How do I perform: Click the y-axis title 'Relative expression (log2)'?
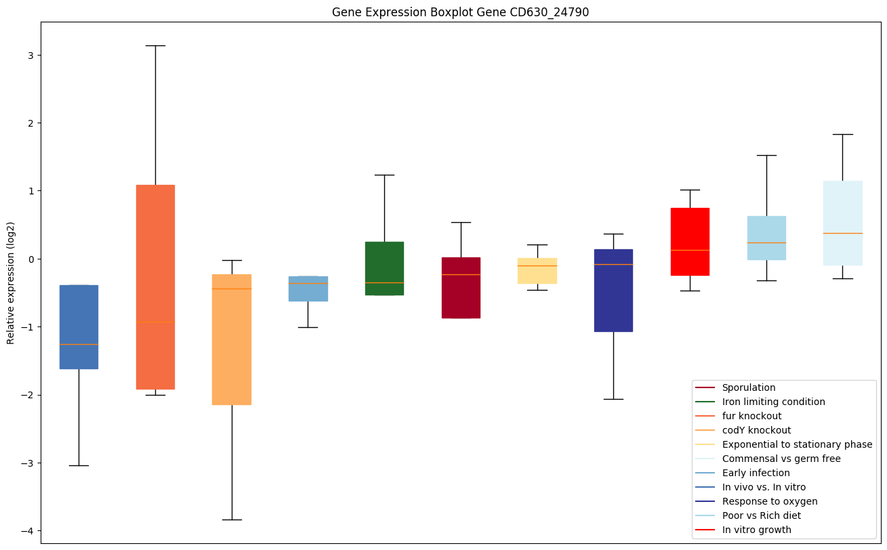click(11, 282)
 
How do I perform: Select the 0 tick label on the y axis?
click(31, 259)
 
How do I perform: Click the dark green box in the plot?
click(384, 268)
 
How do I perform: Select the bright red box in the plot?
click(690, 242)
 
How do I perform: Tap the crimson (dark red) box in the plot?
click(461, 287)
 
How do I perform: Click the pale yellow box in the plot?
click(537, 270)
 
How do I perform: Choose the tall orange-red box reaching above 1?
click(155, 287)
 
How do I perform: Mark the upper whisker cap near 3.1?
click(155, 45)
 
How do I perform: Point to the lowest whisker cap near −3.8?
click(232, 520)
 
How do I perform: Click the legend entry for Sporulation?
click(749, 387)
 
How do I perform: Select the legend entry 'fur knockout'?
click(751, 416)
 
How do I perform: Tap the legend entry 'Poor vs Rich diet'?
click(761, 515)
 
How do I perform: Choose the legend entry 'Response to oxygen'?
click(769, 501)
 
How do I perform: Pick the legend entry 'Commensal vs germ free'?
click(781, 459)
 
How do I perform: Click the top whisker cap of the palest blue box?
click(842, 134)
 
